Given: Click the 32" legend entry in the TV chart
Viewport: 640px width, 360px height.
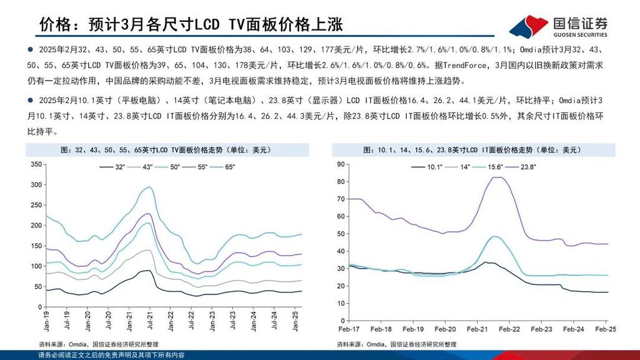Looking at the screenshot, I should tap(116, 167).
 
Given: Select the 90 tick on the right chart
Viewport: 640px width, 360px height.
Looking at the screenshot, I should tap(341, 164).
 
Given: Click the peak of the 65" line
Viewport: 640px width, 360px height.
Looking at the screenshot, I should tap(148, 187).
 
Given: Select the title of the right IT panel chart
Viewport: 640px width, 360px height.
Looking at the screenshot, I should tap(472, 150).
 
